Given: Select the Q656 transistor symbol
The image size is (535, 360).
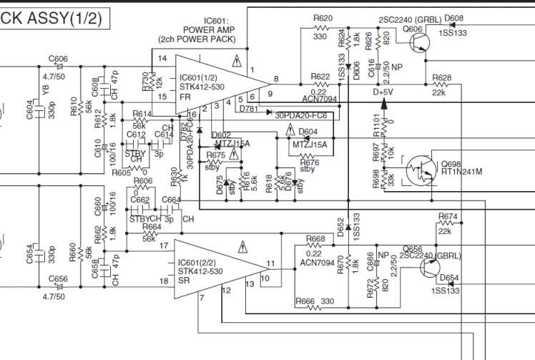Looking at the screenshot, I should [x=430, y=268].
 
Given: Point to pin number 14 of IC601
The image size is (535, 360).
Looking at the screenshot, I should [x=162, y=58].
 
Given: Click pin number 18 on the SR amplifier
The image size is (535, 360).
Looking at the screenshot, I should [x=164, y=281].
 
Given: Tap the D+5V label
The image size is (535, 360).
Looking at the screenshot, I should [x=385, y=92].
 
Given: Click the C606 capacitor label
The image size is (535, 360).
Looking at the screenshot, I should [x=58, y=59].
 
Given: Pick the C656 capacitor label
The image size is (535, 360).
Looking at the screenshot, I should [x=58, y=280].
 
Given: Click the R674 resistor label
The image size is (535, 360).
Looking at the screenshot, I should [x=448, y=215].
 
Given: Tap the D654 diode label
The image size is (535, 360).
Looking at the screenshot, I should [x=449, y=278].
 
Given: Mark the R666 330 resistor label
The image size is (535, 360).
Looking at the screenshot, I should [x=314, y=302].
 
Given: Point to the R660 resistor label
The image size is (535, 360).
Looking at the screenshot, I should [x=72, y=252].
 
